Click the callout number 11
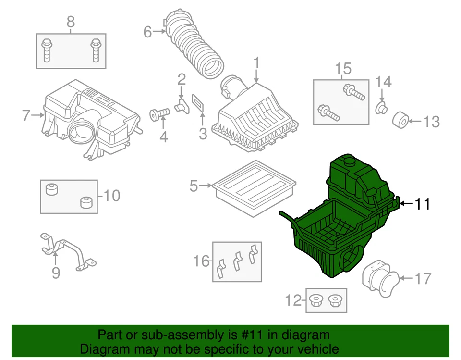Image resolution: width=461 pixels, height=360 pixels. (x=422, y=204)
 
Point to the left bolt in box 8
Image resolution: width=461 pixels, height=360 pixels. (x=47, y=50)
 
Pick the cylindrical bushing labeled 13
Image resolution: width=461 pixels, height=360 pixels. (x=401, y=120)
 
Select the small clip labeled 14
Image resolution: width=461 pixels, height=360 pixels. (x=382, y=108)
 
